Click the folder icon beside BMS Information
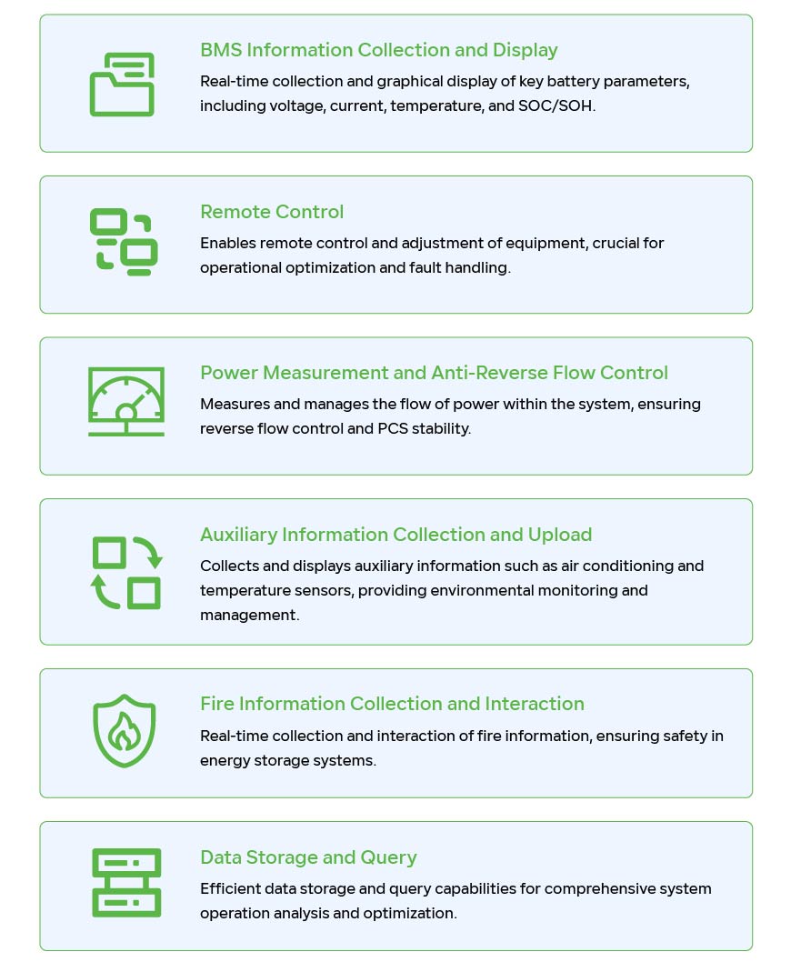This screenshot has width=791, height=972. click(x=122, y=85)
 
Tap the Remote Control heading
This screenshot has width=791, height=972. click(x=272, y=211)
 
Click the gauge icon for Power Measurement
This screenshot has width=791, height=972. click(x=126, y=402)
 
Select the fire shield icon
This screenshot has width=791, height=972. click(x=124, y=731)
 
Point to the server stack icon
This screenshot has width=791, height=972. click(x=126, y=883)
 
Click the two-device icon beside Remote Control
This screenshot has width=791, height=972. click(x=124, y=242)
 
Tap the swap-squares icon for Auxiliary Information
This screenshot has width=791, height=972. click(x=126, y=573)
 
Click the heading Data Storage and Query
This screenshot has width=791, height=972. click(x=308, y=857)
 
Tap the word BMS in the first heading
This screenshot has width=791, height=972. click(x=221, y=50)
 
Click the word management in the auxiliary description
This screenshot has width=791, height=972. click(x=249, y=615)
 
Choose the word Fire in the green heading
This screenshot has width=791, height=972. click(x=217, y=704)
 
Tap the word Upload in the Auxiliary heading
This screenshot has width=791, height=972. click(x=560, y=535)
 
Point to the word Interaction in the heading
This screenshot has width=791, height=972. click(x=535, y=704)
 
